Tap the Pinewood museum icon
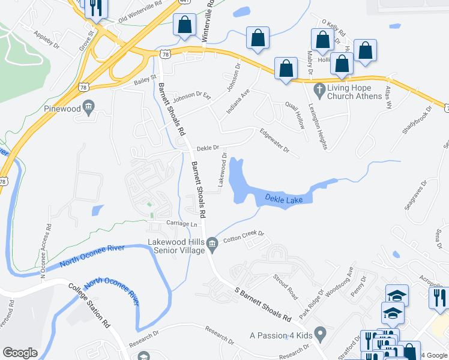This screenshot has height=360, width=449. click(x=89, y=108)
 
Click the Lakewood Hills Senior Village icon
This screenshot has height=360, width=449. click(x=211, y=243)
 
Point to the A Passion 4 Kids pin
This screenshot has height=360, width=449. click(x=320, y=332)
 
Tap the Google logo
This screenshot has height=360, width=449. click(x=20, y=353)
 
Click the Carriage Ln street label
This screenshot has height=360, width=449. click(x=182, y=224)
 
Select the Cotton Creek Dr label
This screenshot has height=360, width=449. click(x=244, y=236)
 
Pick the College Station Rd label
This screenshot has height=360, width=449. click(x=89, y=306)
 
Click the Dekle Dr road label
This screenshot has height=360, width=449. click(x=206, y=147)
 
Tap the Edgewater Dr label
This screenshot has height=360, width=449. click(x=274, y=140)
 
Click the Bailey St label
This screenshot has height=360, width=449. click(x=145, y=79)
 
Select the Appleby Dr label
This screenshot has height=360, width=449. click(x=47, y=40)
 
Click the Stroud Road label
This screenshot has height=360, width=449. click(x=285, y=287)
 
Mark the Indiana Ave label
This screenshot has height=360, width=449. click(x=237, y=102)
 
